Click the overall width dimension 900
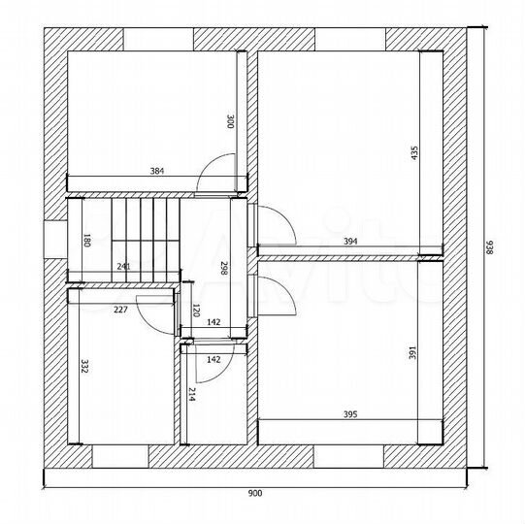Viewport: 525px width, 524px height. (x=255, y=493)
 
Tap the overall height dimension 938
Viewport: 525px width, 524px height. (x=489, y=247)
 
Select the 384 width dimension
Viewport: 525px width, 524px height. (x=156, y=171)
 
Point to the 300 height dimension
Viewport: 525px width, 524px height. (x=231, y=121)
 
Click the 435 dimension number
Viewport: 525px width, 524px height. (x=414, y=153)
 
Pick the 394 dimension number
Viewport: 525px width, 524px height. (x=350, y=242)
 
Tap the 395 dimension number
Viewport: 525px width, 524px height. (x=350, y=414)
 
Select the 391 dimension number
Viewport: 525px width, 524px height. (x=412, y=353)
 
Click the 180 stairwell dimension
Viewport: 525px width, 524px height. (x=86, y=240)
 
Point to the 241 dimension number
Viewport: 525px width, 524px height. (x=123, y=267)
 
